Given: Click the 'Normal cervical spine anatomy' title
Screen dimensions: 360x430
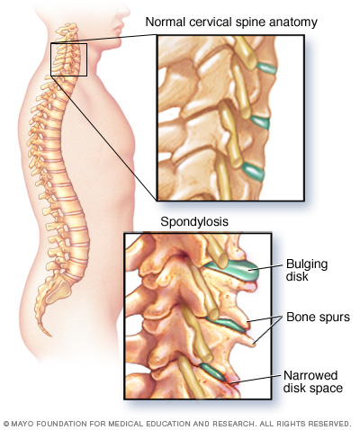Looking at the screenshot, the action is [x=231, y=22].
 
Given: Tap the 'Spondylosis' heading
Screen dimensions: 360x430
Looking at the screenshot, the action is [x=194, y=221].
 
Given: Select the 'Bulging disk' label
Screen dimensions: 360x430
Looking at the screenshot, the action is [x=307, y=270].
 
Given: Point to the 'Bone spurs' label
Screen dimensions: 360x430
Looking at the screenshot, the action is [x=318, y=317].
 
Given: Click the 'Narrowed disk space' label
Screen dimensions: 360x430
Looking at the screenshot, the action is [x=313, y=381].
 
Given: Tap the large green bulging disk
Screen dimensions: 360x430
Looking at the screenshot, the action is [x=237, y=270].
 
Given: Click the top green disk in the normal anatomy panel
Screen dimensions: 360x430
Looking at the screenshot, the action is [x=266, y=68].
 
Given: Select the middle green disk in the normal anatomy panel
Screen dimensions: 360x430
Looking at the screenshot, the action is [x=260, y=122].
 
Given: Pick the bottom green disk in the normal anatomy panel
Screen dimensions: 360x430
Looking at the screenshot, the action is [x=254, y=171].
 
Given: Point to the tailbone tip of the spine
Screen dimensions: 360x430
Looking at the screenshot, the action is [x=49, y=335].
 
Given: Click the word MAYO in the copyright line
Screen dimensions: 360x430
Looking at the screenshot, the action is [x=20, y=424].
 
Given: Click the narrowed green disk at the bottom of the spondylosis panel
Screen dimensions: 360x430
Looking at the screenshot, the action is [x=213, y=372].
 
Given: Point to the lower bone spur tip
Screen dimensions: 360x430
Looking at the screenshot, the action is [x=255, y=345].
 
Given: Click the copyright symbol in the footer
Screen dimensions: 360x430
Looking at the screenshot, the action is [x=6, y=424].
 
